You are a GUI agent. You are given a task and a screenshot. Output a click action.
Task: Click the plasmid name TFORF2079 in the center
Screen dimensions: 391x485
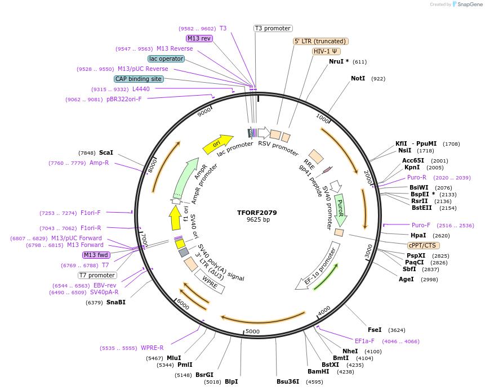tap(257, 213)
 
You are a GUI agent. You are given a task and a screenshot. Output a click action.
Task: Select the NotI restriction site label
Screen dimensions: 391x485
tap(358, 78)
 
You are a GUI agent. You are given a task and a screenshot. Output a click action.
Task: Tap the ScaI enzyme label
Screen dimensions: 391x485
tap(106, 152)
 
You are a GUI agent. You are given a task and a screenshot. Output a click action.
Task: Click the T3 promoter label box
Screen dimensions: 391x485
tap(273, 28)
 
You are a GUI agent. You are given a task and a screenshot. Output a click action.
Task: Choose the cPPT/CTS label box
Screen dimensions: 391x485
tap(424, 245)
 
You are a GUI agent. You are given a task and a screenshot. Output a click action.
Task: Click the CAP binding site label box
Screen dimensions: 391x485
tap(139, 79)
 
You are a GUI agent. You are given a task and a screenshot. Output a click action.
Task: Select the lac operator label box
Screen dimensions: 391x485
tap(166, 59)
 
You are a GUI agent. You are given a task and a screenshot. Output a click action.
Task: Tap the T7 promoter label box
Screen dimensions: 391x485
tap(97, 275)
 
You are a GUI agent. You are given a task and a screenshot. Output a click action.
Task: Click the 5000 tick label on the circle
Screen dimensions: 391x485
tap(252, 331)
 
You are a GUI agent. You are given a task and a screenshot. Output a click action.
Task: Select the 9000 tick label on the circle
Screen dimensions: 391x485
tap(204, 111)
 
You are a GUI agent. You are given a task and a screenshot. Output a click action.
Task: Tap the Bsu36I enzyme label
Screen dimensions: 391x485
tap(288, 381)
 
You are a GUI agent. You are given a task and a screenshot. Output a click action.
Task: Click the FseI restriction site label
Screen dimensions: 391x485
tap(375, 330)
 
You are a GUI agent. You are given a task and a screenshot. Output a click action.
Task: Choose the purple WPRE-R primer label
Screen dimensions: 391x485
tap(152, 348)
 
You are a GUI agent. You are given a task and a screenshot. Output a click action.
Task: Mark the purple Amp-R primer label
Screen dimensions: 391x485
tap(99, 163)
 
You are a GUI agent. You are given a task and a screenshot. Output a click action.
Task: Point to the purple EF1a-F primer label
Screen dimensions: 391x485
tap(367, 341)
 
